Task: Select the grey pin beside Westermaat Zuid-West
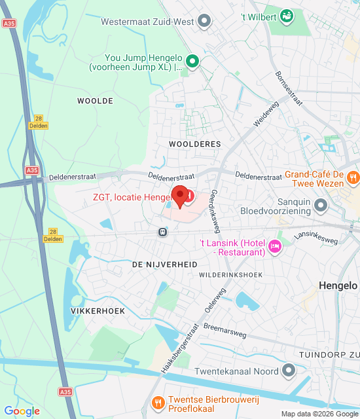click(204, 22)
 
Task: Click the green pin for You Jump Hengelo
click(192, 62)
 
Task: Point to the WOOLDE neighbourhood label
click(95, 101)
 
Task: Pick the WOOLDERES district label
click(194, 143)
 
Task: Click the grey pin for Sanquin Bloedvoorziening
click(320, 206)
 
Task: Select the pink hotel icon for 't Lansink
click(276, 247)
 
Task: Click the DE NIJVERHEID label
click(164, 264)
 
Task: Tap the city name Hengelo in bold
click(338, 285)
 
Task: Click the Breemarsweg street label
click(225, 330)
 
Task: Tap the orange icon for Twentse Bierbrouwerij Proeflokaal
click(157, 401)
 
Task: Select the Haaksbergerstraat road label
click(179, 348)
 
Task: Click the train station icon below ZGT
click(162, 231)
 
